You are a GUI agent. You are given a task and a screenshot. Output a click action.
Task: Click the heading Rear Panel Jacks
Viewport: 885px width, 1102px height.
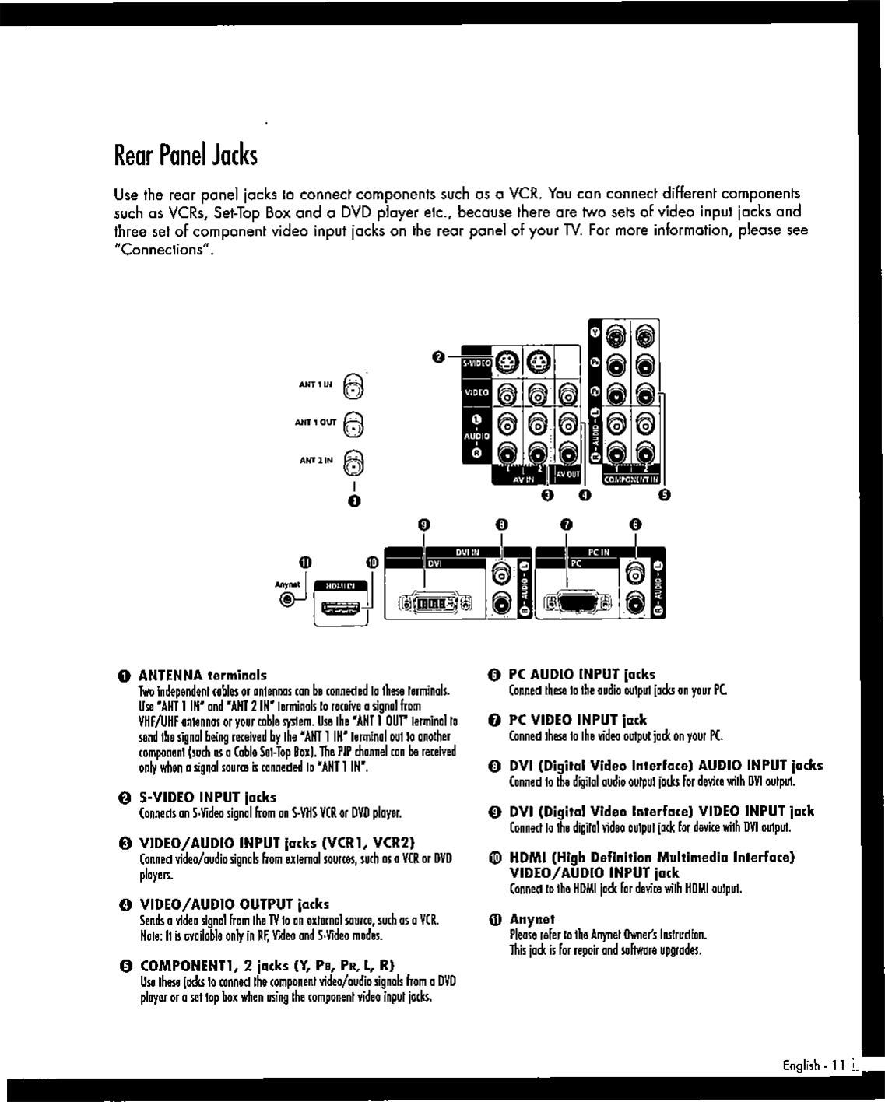pos(185,155)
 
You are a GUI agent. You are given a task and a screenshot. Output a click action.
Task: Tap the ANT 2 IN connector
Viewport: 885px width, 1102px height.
pos(353,463)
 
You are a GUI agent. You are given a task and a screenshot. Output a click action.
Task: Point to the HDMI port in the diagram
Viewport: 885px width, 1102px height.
pos(341,605)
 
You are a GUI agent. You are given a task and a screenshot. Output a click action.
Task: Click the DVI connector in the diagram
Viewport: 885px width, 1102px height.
pos(434,603)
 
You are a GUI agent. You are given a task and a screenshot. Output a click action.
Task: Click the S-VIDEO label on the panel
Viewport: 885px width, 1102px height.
pos(476,363)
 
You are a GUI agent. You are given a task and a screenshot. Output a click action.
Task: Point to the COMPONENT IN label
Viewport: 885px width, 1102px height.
pos(631,479)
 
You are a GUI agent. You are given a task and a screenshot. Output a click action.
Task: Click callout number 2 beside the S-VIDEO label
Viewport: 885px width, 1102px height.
pos(438,357)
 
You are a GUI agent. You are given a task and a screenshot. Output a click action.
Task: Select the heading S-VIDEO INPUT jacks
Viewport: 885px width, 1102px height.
pos(207,798)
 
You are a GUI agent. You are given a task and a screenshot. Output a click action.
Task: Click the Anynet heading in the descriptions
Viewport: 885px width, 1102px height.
pos(532,919)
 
